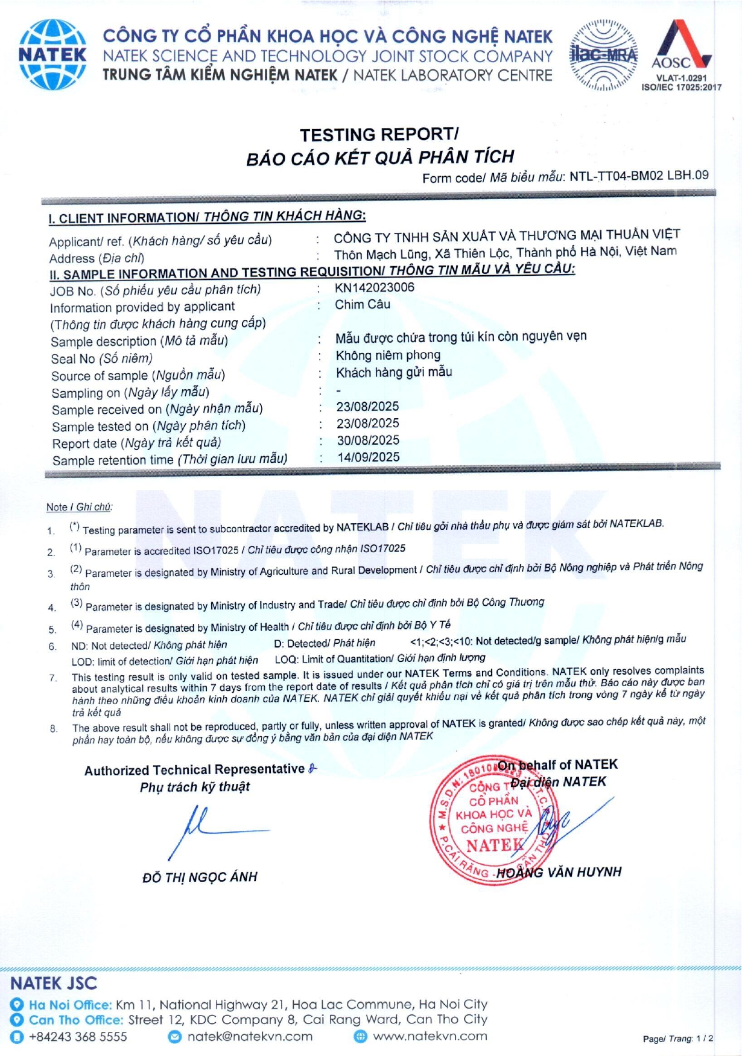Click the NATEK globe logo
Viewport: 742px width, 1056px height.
52,54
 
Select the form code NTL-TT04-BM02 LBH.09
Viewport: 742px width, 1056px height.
639,176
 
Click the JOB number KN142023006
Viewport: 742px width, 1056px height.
375,287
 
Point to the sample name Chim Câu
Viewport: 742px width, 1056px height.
363,304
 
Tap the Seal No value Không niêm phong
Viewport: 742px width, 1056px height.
388,355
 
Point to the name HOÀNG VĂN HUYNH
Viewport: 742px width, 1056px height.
559,872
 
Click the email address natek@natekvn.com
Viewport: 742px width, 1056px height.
250,1037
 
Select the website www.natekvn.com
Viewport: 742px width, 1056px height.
430,1036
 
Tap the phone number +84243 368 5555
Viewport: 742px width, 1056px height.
78,1037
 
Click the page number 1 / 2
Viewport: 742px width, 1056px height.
705,1039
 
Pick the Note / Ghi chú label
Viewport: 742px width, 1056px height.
79,507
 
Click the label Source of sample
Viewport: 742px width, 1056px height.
99,375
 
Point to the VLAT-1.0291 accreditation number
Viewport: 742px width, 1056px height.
681,78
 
